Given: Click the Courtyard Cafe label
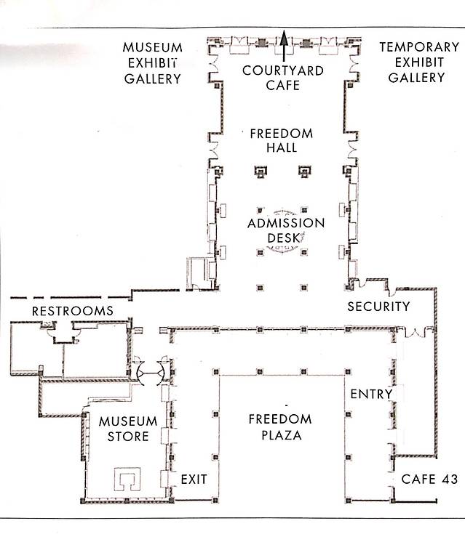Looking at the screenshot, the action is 283,78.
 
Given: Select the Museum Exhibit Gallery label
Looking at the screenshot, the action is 153,63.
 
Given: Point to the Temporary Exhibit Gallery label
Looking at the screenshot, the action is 419,62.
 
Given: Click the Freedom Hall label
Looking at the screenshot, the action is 282,140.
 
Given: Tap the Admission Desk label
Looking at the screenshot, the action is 286,230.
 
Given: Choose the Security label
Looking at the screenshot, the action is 378,307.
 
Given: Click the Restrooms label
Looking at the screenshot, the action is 73,311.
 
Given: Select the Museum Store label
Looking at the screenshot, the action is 128,429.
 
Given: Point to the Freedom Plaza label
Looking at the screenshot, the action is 280,427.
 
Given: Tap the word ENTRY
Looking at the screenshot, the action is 371,394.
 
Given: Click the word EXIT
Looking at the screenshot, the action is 194,479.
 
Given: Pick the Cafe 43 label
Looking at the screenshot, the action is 429,479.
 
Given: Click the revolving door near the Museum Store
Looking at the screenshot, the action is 151,373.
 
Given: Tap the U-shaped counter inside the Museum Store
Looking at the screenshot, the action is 127,480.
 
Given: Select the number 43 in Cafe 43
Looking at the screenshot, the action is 450,479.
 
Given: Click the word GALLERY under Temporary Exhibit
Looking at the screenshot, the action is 416,78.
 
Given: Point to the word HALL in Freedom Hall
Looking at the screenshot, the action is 282,147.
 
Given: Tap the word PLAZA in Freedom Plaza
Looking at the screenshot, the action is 281,435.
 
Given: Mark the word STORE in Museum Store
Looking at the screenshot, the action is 128,436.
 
